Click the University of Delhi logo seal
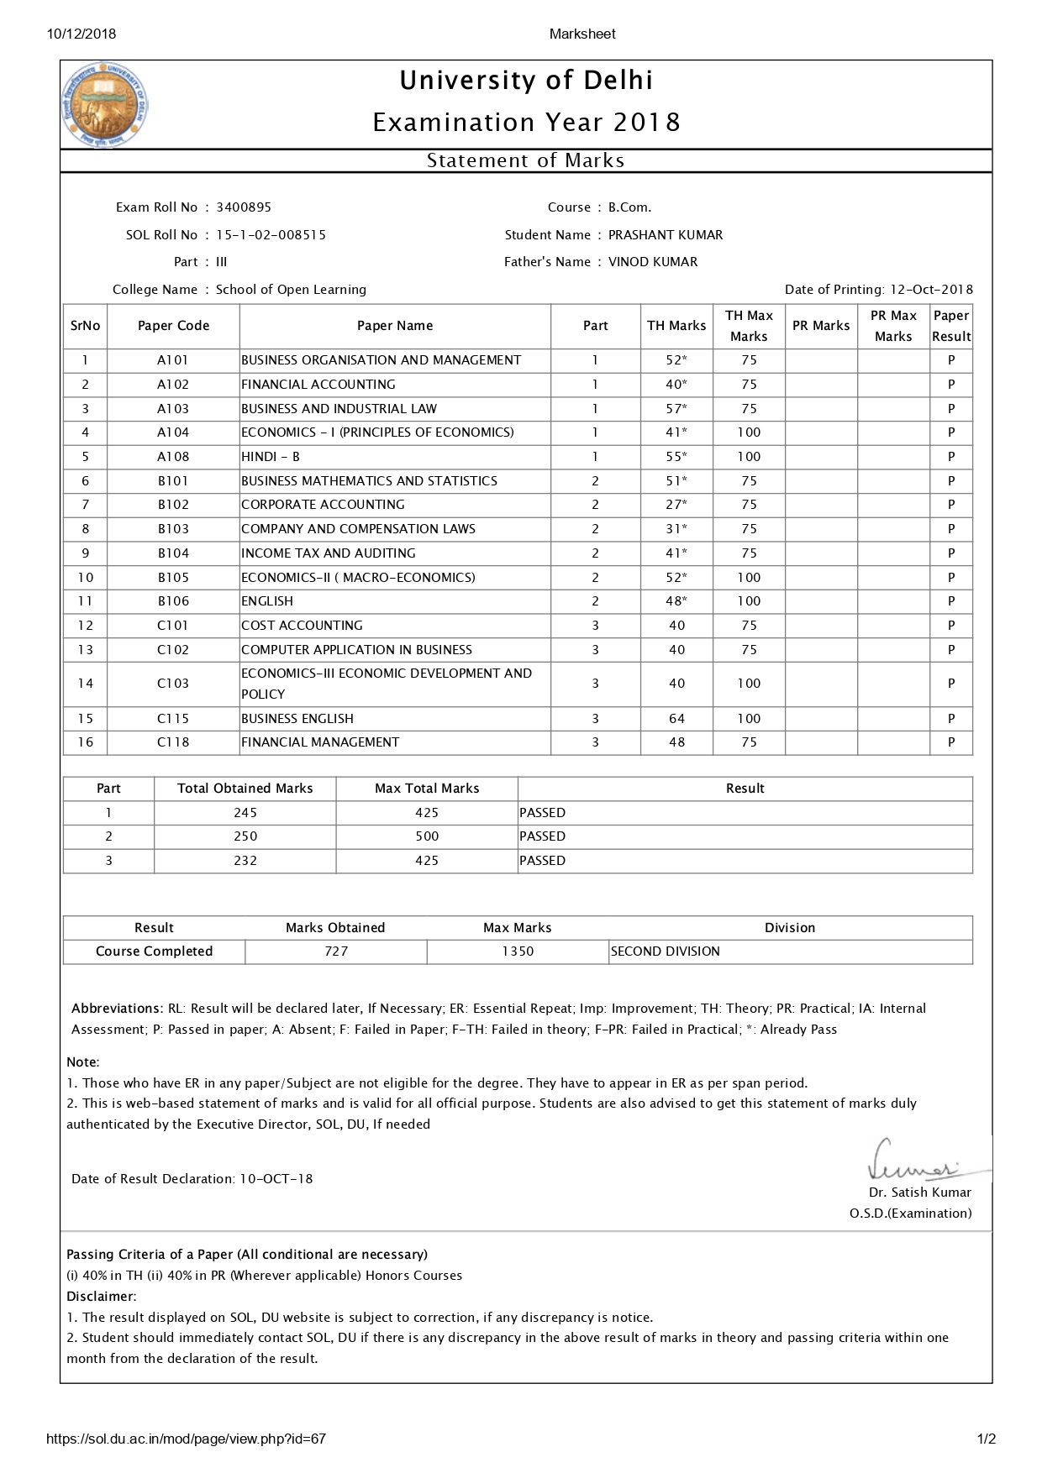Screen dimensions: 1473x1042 pyautogui.click(x=106, y=105)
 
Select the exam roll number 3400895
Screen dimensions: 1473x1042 pyautogui.click(x=244, y=207)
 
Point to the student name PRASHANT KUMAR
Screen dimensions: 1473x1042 pyautogui.click(x=665, y=235)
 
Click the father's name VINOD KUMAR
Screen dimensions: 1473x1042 pyautogui.click(x=652, y=262)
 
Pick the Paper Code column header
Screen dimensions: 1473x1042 pyautogui.click(x=173, y=326)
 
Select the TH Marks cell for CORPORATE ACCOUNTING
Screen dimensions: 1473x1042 pyautogui.click(x=676, y=505)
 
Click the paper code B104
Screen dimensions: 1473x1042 pyautogui.click(x=173, y=553)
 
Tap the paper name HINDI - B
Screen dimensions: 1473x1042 pyautogui.click(x=271, y=457)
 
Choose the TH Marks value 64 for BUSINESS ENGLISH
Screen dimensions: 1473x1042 pyautogui.click(x=676, y=719)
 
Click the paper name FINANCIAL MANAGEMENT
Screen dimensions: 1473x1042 pyautogui.click(x=320, y=742)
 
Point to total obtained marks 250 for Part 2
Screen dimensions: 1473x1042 pyautogui.click(x=245, y=836)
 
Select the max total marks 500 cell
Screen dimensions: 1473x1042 pyautogui.click(x=427, y=836)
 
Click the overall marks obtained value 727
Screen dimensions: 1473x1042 pyautogui.click(x=336, y=951)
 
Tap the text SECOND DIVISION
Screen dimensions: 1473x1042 pyautogui.click(x=665, y=951)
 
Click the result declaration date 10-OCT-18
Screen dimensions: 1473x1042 pyautogui.click(x=276, y=1179)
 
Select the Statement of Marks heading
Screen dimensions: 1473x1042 pyautogui.click(x=525, y=160)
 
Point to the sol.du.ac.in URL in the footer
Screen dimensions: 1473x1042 pyautogui.click(x=186, y=1439)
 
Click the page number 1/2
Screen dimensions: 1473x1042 pyautogui.click(x=987, y=1439)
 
